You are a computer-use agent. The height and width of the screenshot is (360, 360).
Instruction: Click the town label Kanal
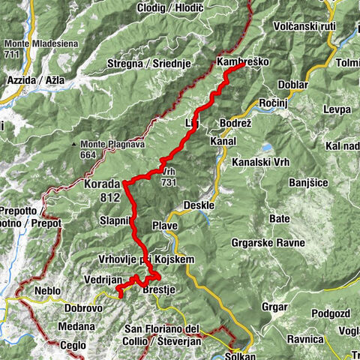click(223, 141)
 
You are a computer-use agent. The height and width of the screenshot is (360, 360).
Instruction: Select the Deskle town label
click(199, 205)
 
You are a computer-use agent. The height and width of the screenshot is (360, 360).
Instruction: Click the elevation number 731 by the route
click(168, 181)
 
